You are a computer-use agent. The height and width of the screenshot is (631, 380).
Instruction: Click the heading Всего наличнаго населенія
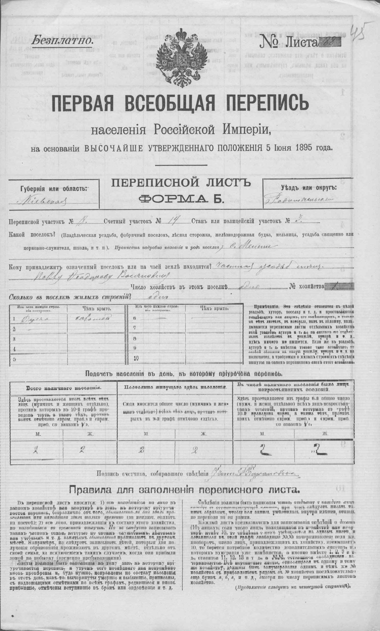[x=64, y=388]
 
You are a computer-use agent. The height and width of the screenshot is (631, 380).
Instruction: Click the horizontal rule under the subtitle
[x=181, y=165]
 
